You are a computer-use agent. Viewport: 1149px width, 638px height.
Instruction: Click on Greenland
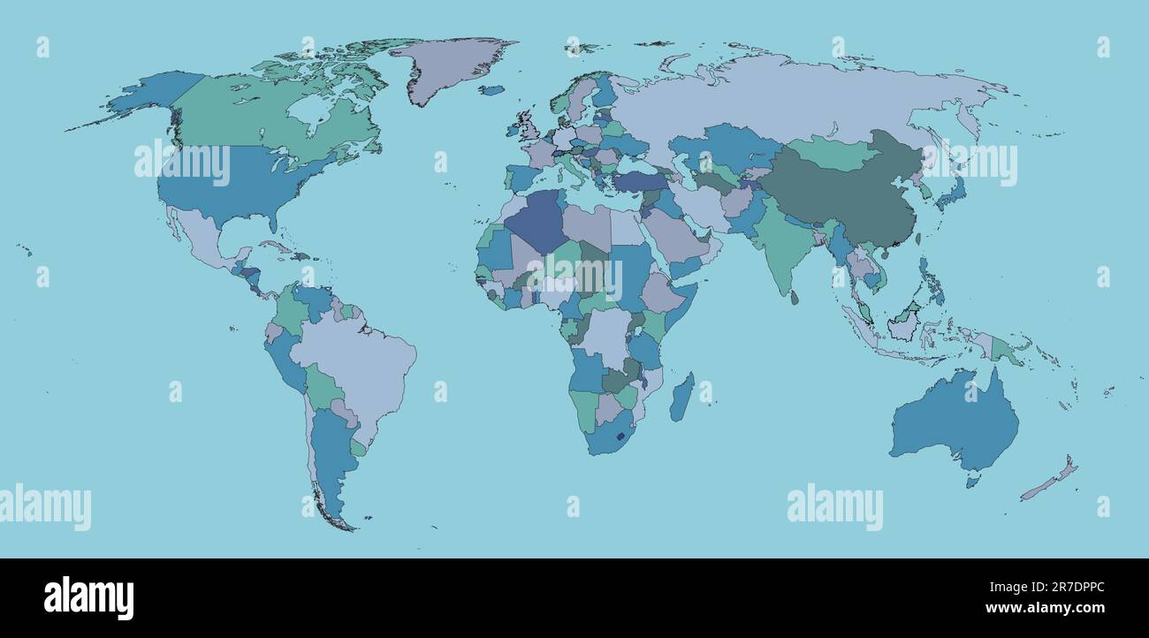[446, 66]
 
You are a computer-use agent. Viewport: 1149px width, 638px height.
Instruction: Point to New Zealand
[1052, 482]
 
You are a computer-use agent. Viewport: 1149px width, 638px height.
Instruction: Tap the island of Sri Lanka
[795, 298]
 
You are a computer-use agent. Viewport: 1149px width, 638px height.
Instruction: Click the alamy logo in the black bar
[88, 597]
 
